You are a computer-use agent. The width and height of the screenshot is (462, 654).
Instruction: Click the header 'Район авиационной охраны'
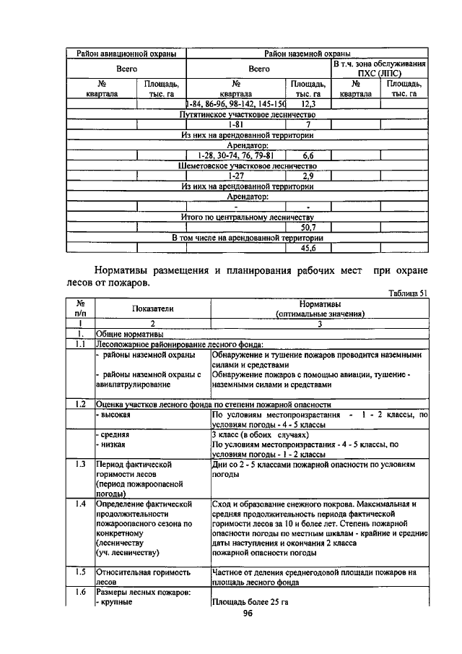(x=126, y=53)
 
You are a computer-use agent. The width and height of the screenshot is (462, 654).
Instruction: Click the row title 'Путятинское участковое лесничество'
(x=248, y=114)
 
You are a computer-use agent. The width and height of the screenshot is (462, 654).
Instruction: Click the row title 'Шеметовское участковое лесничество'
(x=248, y=165)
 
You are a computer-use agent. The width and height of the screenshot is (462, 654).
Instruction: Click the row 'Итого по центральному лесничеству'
(x=248, y=217)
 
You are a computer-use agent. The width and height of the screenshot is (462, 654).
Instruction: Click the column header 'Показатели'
(x=152, y=308)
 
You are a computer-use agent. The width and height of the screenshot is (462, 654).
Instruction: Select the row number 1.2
(x=81, y=404)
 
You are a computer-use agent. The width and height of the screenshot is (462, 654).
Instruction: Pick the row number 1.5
(x=81, y=572)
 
